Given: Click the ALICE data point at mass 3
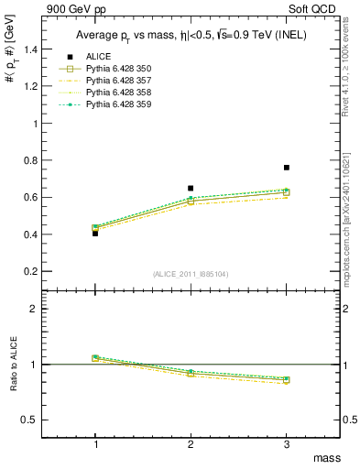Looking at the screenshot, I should point(287,168).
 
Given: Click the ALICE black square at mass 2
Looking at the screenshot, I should point(191,189).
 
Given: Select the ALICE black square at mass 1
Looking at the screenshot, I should point(95,234).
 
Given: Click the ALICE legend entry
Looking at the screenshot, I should point(100,58).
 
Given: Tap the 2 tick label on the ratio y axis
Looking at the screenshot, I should point(41,309).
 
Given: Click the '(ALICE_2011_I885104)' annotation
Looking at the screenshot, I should point(191,275).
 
